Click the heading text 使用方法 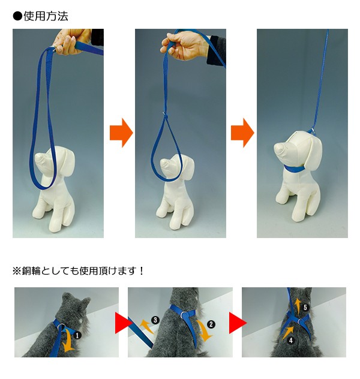(x=46, y=16)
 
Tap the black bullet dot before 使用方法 (x=17, y=17)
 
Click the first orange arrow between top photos (x=121, y=133)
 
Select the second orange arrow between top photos (x=242, y=133)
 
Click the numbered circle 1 (x=77, y=335)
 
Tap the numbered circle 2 (x=211, y=324)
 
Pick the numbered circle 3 (x=155, y=320)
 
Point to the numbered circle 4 (x=291, y=340)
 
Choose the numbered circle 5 (x=305, y=307)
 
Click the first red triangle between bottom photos (x=124, y=323)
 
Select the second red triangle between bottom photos (x=238, y=323)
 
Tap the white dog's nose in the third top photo (x=279, y=148)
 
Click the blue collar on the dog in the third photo (x=295, y=169)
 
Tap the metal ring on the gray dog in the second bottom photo (x=184, y=315)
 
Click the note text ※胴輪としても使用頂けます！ (x=79, y=271)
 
